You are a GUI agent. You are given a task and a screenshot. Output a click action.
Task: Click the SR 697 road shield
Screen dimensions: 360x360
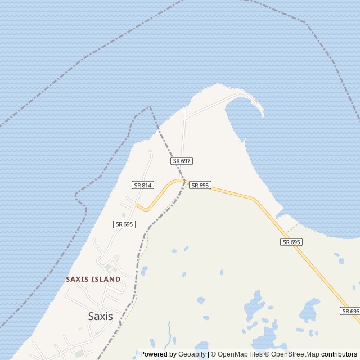tap(182, 161)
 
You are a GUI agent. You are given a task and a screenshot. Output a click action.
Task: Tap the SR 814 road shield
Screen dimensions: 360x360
tap(143, 185)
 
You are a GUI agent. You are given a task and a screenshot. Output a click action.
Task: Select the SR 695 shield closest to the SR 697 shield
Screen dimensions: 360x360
tap(200, 185)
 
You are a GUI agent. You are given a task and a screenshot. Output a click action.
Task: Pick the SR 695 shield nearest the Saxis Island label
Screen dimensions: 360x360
tap(124, 224)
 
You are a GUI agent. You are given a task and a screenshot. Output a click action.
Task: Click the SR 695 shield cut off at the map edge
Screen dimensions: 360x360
tap(350, 311)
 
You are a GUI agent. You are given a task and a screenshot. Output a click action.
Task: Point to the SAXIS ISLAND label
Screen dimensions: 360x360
tap(93, 279)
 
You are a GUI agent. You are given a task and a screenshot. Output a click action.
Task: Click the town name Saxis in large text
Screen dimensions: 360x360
tap(100, 316)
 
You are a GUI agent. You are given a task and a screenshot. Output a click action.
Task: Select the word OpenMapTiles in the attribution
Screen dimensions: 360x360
tap(240, 354)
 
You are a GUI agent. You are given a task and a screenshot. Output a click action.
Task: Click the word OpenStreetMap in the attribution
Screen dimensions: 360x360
tap(295, 354)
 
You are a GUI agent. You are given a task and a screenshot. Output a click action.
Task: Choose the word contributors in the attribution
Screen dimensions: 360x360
tap(340, 354)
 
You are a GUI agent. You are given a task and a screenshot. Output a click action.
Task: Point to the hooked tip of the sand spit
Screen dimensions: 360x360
tap(262, 116)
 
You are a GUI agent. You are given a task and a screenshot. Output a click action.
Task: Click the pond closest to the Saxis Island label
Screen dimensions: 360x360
tap(144, 271)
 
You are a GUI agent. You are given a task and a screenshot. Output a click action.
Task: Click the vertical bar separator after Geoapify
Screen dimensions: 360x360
tap(209, 354)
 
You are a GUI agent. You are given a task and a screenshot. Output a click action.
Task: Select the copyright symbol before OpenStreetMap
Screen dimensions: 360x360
tap(267, 354)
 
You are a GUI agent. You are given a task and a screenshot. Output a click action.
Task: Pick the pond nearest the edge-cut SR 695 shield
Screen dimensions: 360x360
tap(355, 287)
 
